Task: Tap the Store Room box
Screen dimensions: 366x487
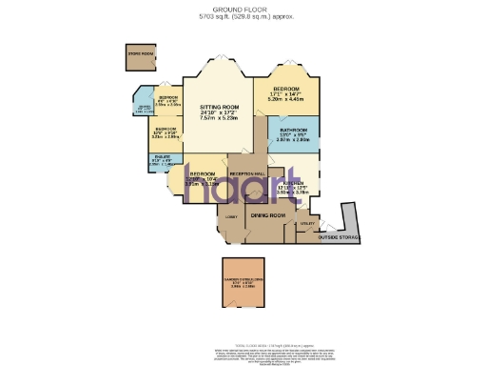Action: pyautogui.click(x=141, y=56)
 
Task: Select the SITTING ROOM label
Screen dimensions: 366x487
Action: pyautogui.click(x=218, y=107)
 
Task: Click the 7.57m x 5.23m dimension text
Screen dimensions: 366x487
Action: pyautogui.click(x=218, y=119)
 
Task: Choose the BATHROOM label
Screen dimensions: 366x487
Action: pyautogui.click(x=293, y=130)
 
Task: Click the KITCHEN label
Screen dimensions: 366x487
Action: pyautogui.click(x=293, y=182)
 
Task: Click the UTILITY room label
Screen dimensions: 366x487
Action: pyautogui.click(x=306, y=224)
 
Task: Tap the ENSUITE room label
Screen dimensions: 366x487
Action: pyautogui.click(x=161, y=159)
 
